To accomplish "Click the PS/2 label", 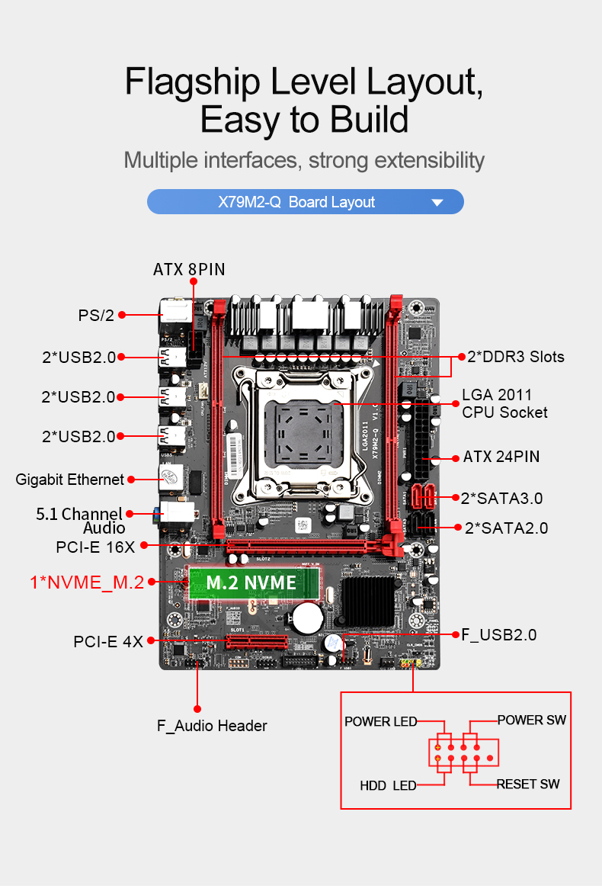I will pyautogui.click(x=96, y=315).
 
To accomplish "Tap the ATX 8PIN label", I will pyautogui.click(x=189, y=269).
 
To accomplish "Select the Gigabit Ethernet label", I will pyautogui.click(x=69, y=480).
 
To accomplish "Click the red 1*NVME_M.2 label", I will pyautogui.click(x=87, y=582).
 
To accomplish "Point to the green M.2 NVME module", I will pyautogui.click(x=252, y=583).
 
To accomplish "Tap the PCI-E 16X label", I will pyautogui.click(x=95, y=547).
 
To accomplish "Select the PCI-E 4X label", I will pyautogui.click(x=108, y=642).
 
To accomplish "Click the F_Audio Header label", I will pyautogui.click(x=212, y=726).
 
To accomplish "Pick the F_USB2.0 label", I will pyautogui.click(x=499, y=634).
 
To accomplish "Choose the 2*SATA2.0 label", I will pyautogui.click(x=506, y=528).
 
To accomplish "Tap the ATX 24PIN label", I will pyautogui.click(x=501, y=457).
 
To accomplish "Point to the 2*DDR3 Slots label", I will pyautogui.click(x=516, y=357).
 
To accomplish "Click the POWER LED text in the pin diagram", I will pyautogui.click(x=380, y=721).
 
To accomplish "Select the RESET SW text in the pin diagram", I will pyautogui.click(x=528, y=784).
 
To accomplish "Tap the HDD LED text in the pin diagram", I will pyautogui.click(x=388, y=785).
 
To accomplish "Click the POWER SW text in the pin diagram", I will pyautogui.click(x=531, y=720).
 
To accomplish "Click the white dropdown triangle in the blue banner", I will pyautogui.click(x=437, y=203).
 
